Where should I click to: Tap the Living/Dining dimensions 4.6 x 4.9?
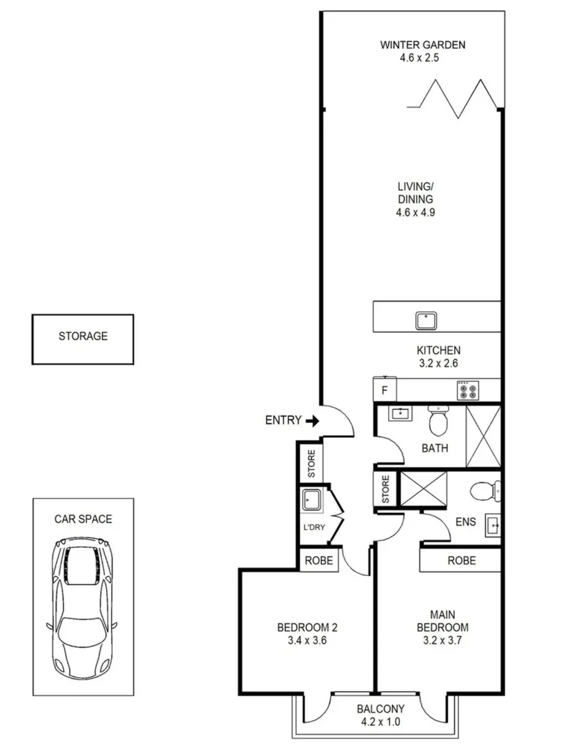pos(416,212)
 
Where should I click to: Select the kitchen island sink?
pos(426,320)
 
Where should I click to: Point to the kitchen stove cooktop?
pos(467,390)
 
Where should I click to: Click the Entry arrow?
pos(312,421)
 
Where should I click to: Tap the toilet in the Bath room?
pos(439,421)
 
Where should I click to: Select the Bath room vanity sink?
pos(400,414)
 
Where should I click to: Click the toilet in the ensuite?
pos(484,491)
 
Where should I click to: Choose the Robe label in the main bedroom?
pos(461,561)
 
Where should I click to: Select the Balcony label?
pos(378,709)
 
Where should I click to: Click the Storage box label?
pos(82,337)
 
